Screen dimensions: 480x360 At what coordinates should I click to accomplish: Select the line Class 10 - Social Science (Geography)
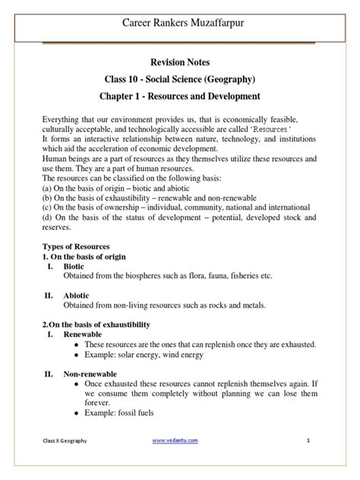pos(180,81)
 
